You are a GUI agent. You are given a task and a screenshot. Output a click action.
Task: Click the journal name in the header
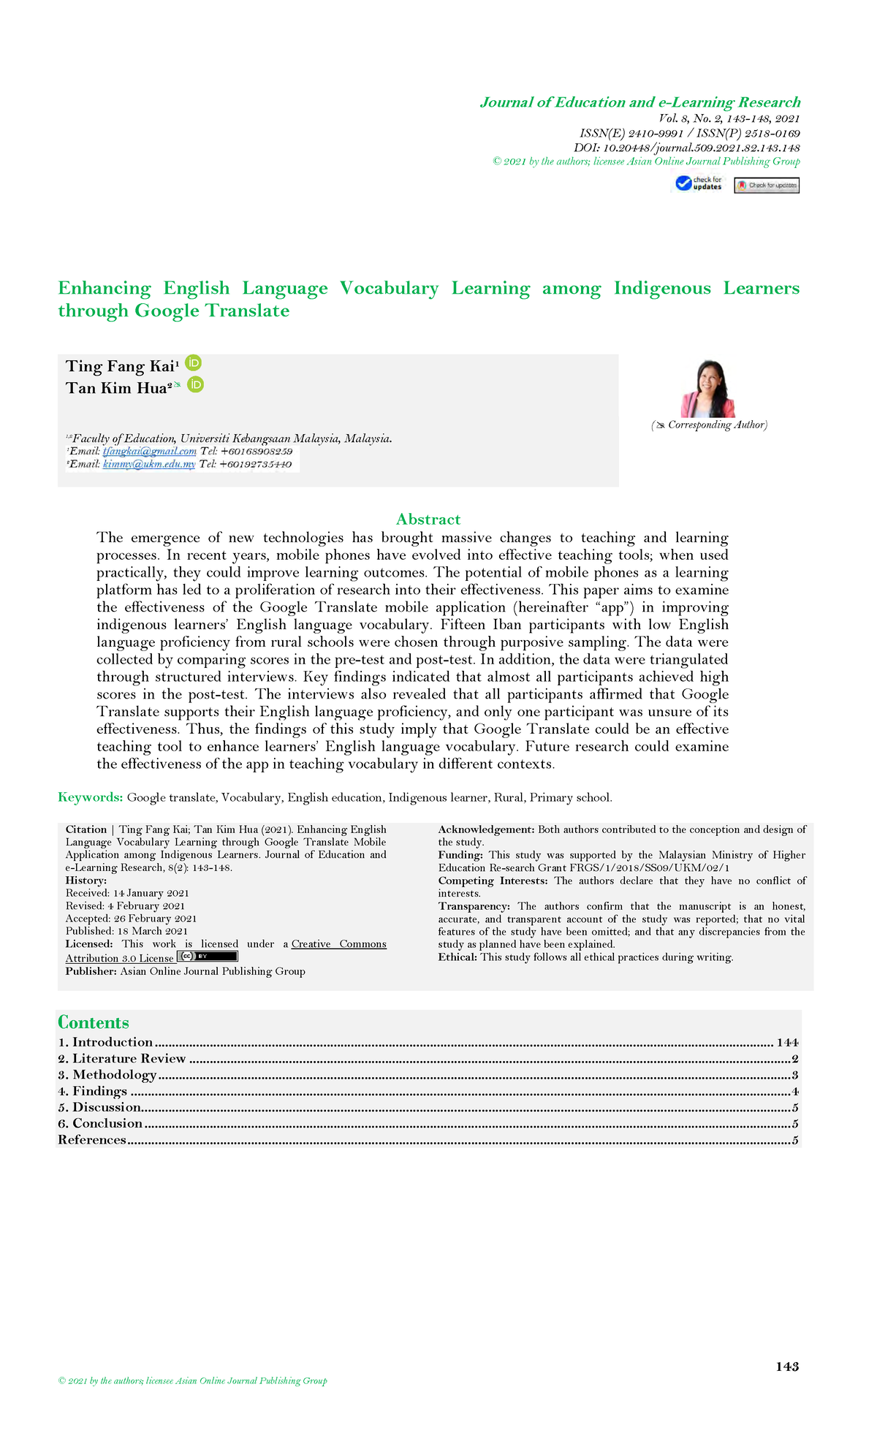(x=640, y=102)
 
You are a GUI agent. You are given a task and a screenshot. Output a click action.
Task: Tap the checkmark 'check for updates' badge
(x=699, y=183)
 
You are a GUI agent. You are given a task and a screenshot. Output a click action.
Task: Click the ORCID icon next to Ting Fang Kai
(x=194, y=362)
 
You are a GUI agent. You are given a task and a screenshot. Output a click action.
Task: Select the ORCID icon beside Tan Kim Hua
(x=195, y=384)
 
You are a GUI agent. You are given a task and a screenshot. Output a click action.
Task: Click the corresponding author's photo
(x=708, y=389)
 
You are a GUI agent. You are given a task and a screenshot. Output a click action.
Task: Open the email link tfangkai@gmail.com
(x=149, y=452)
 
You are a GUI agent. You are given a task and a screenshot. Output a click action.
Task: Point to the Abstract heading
(x=428, y=520)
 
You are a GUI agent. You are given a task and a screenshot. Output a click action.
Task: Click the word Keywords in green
(x=90, y=797)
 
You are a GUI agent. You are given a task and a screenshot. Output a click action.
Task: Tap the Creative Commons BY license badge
(x=208, y=957)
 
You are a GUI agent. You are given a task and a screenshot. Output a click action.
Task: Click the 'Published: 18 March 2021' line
(x=126, y=931)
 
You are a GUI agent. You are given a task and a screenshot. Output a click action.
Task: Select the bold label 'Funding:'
(x=460, y=855)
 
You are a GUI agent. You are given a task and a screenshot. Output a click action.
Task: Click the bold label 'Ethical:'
(x=458, y=957)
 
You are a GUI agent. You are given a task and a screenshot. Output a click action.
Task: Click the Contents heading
(x=93, y=1022)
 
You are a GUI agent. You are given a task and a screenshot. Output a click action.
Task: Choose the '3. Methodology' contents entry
(x=107, y=1075)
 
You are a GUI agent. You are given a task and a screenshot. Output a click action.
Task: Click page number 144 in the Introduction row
(x=787, y=1043)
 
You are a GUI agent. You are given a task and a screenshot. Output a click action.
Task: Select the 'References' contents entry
(x=92, y=1140)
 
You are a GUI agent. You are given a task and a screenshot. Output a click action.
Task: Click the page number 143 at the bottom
(x=787, y=1367)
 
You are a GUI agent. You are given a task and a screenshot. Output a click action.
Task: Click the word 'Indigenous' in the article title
(x=662, y=289)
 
